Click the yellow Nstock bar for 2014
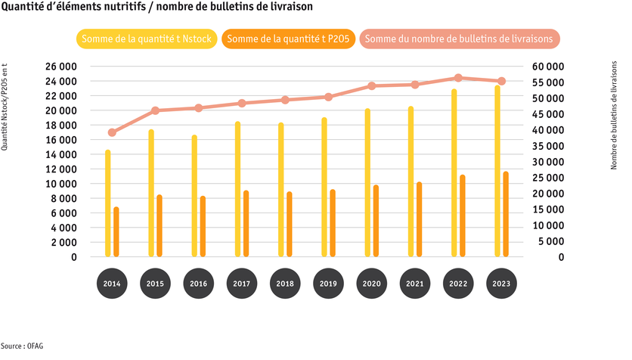(x=108, y=203)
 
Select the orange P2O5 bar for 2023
(x=506, y=215)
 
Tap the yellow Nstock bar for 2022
(x=454, y=173)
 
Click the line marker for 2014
(x=112, y=132)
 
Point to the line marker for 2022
(x=458, y=78)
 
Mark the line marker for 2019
(x=328, y=97)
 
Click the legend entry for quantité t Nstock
(x=147, y=38)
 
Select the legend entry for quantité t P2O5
(x=290, y=38)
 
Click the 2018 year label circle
(x=285, y=284)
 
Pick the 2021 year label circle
(x=415, y=284)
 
